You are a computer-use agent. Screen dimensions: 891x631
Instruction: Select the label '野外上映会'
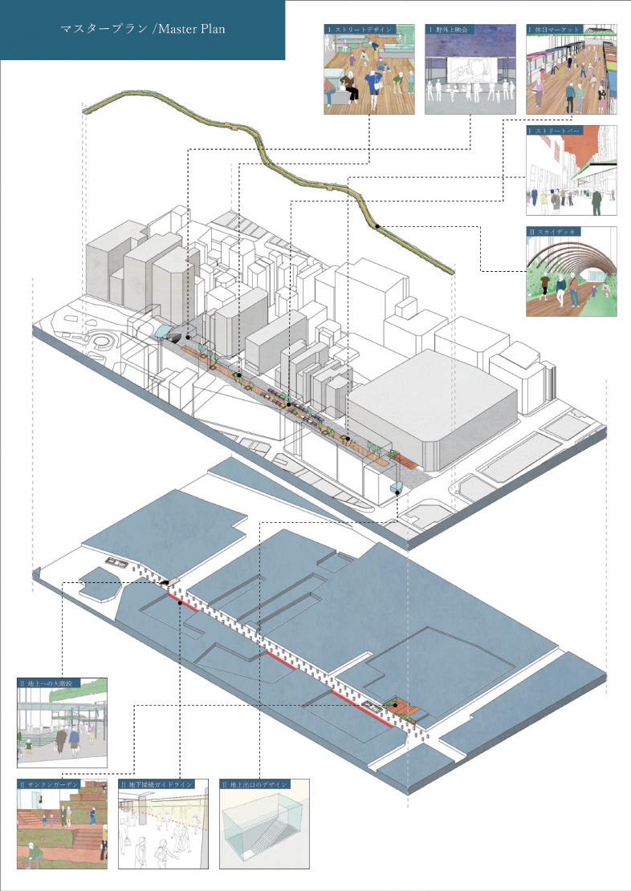453,29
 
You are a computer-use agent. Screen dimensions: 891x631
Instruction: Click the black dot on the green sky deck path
377,226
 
